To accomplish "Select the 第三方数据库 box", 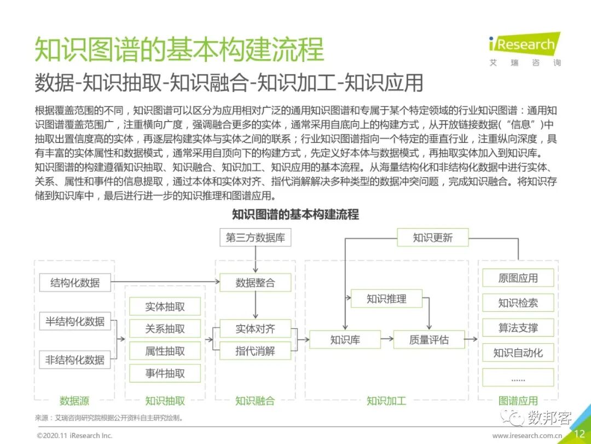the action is (255, 238).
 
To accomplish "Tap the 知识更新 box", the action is (433, 238).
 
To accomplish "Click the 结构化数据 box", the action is (75, 283).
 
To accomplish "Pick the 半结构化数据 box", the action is (75, 321).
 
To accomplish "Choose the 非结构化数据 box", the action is (75, 360).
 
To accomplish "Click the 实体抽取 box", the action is (165, 307).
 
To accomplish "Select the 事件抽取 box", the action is (165, 373).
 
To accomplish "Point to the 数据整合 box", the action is (255, 283).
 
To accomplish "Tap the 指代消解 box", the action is (255, 351).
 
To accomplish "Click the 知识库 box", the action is (345, 340).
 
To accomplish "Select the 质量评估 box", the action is (429, 340).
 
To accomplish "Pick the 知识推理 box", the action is (386, 299).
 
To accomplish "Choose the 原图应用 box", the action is (518, 278).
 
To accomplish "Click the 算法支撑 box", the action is (518, 328).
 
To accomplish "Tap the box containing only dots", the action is (518, 378).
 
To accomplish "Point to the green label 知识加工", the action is (386, 401).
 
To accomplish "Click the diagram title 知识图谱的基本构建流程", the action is (296, 214).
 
